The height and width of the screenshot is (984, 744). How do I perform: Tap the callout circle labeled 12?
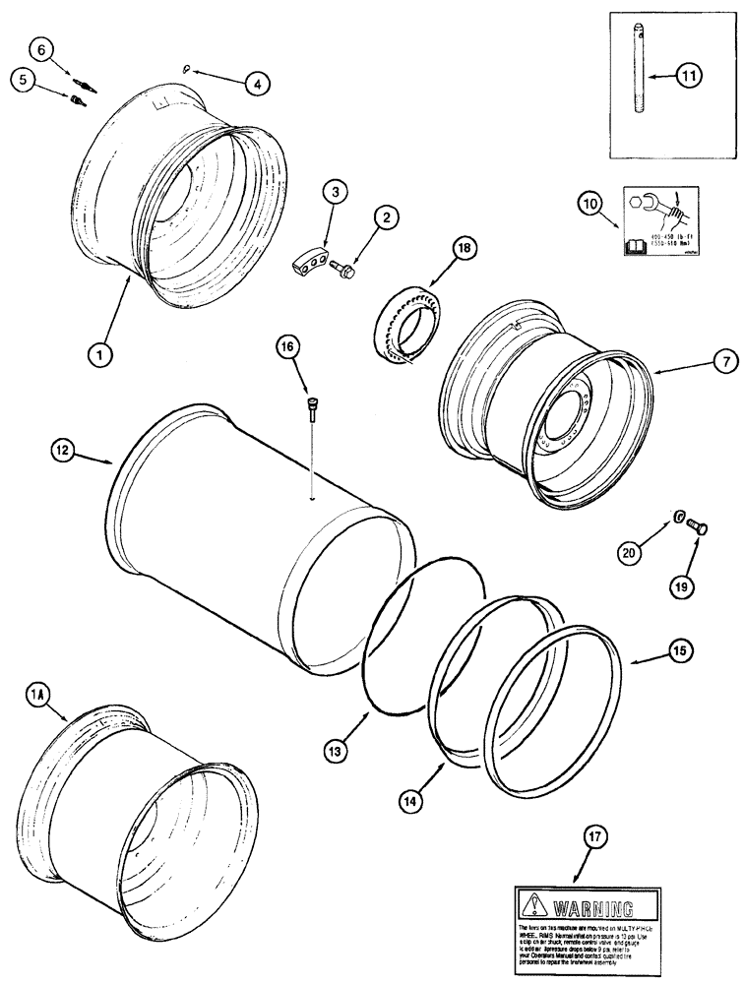point(62,450)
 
